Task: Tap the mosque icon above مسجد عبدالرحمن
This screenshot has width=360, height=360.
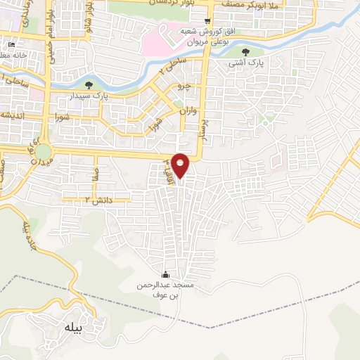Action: (166, 274)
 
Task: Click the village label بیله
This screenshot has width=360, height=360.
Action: (72, 327)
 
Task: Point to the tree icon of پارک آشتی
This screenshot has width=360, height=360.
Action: (245, 52)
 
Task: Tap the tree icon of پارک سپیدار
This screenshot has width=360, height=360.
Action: (87, 85)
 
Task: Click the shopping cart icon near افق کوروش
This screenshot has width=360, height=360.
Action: (206, 22)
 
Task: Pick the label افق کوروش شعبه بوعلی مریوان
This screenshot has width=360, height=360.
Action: (206, 37)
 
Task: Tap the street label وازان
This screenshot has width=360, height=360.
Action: (184, 111)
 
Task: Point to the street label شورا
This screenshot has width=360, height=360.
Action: (59, 117)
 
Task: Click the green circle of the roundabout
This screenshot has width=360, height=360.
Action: (44, 151)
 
